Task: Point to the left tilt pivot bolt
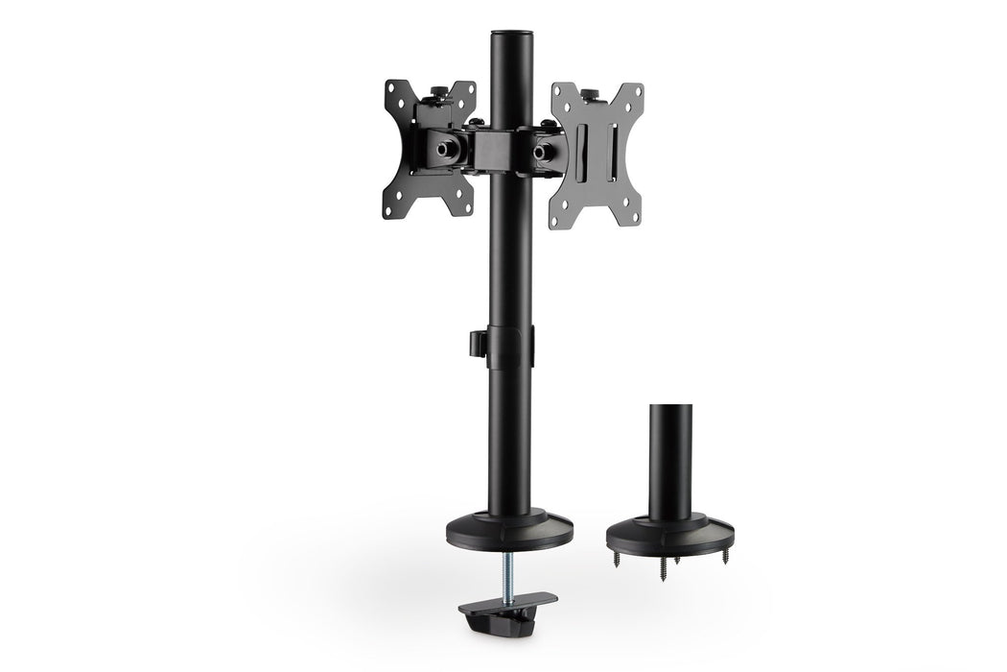tap(447, 151)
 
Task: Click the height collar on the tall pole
tap(507, 346)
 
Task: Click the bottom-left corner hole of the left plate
tap(388, 209)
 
